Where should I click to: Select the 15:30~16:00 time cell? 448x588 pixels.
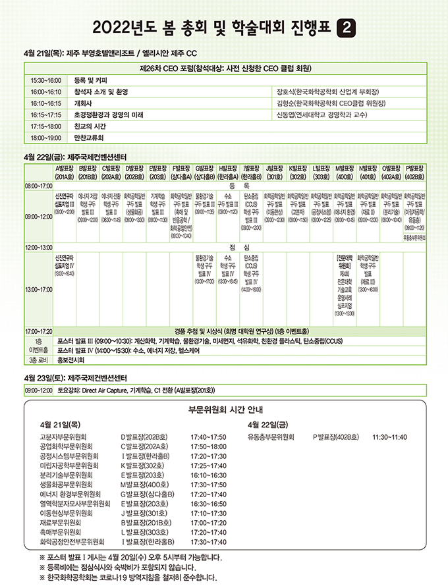[45, 79]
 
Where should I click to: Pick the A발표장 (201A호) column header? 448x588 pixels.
[65, 173]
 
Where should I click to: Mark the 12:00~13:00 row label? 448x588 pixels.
[40, 248]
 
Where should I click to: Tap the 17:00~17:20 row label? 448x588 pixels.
[40, 330]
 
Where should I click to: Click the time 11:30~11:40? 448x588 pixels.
[389, 436]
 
